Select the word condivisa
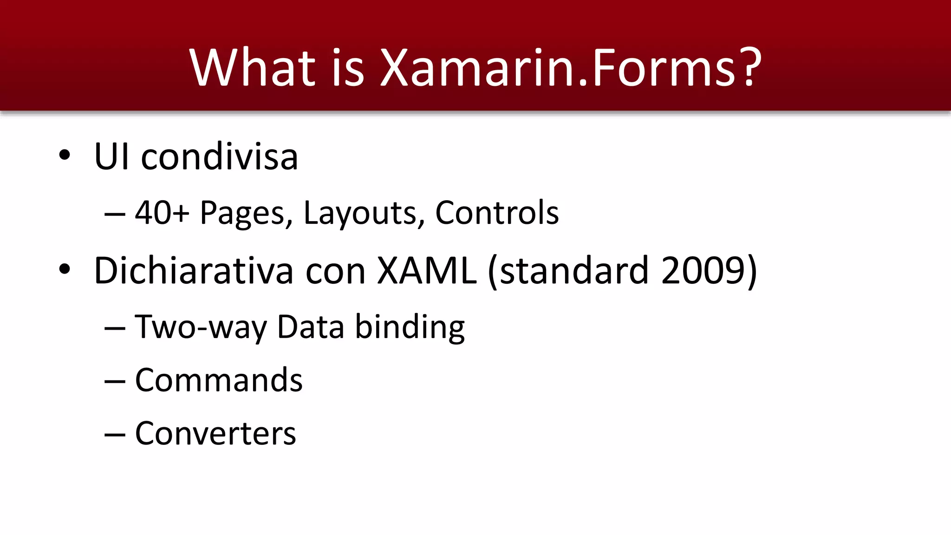[x=219, y=157]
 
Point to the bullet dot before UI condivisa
[x=65, y=155]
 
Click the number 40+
[x=162, y=213]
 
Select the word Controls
[x=497, y=213]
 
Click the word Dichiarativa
[x=194, y=271]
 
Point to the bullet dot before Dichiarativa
[x=65, y=269]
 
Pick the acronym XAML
[x=427, y=271]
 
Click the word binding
[x=410, y=327]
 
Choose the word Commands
[x=219, y=380]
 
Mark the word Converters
[x=215, y=433]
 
